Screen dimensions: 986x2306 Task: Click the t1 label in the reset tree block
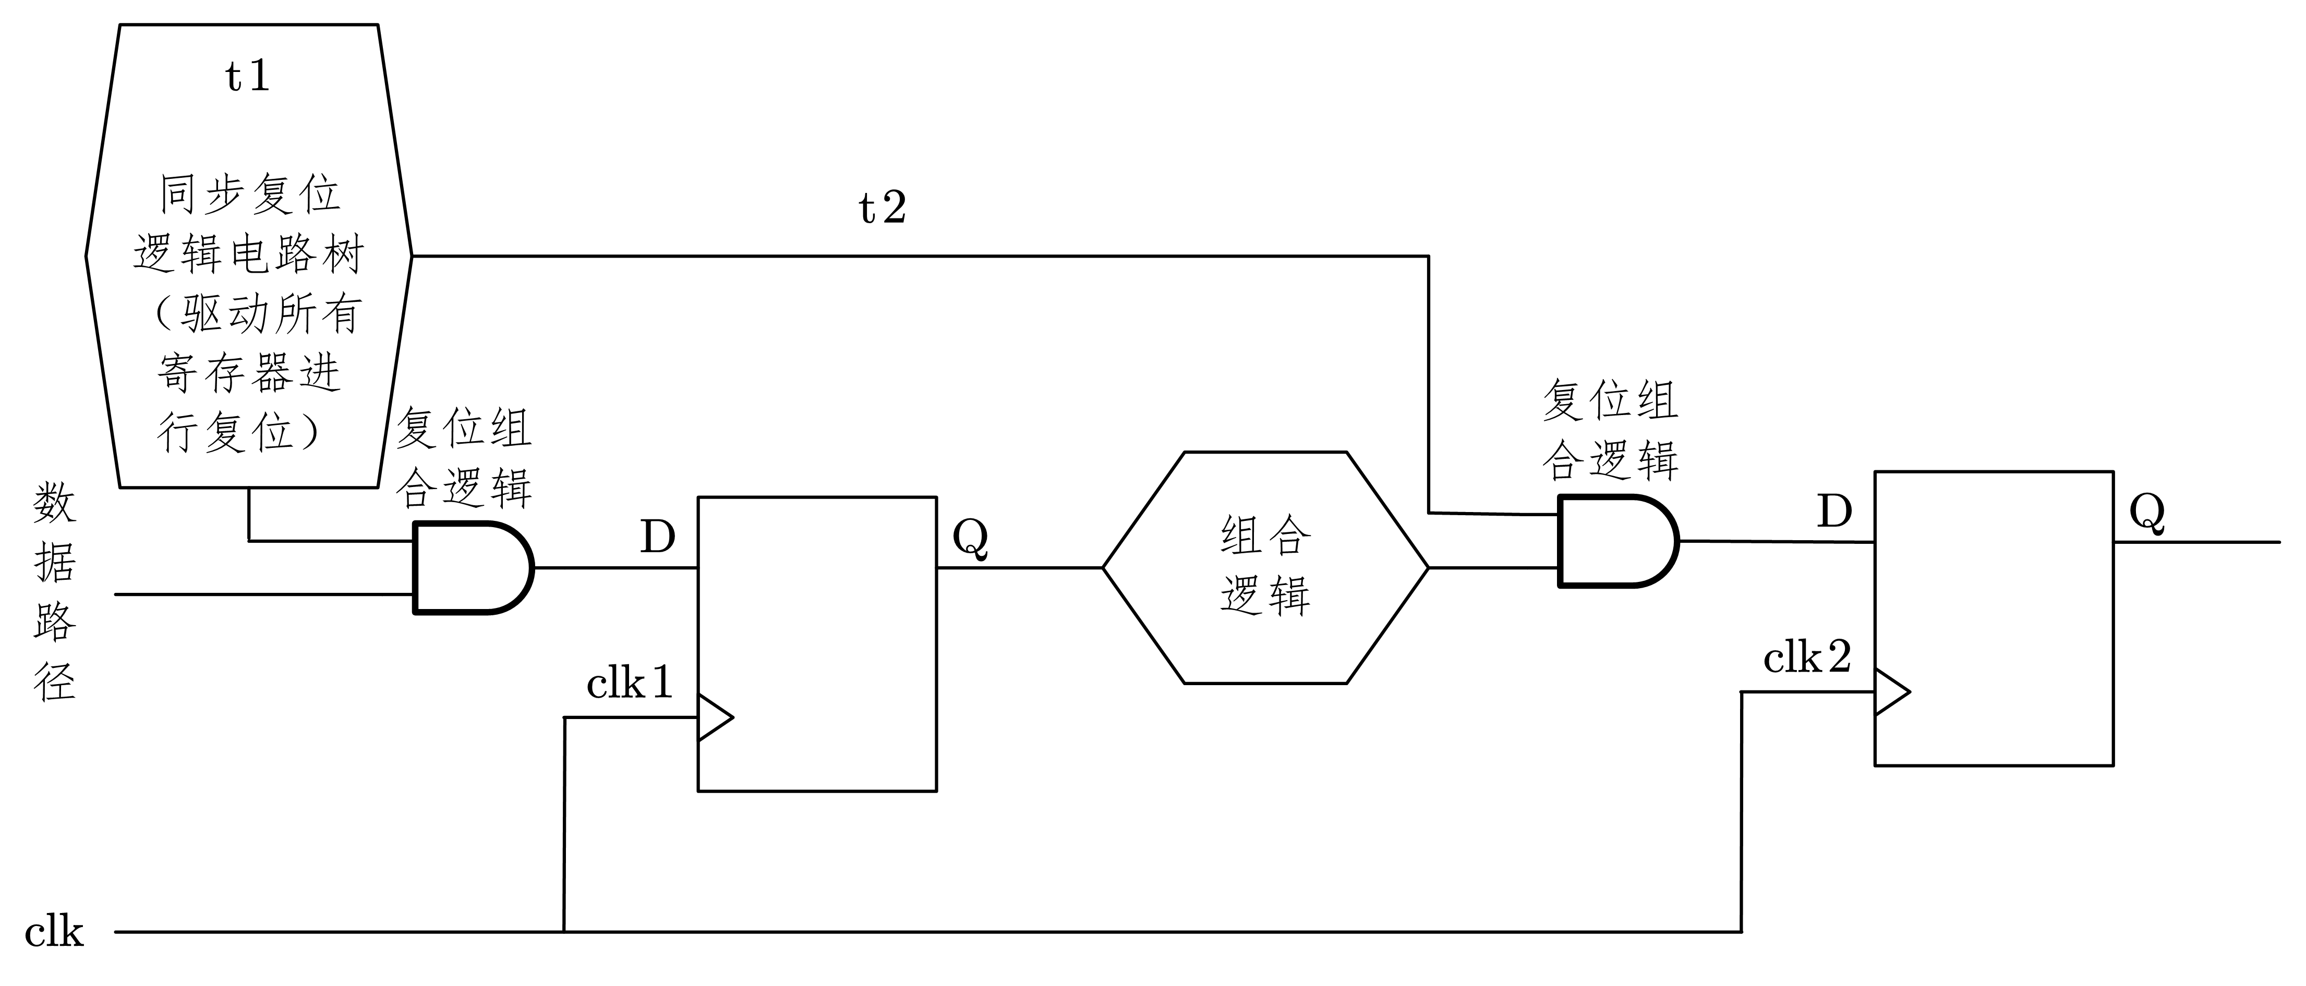(x=247, y=77)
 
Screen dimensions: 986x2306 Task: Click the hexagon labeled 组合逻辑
(x=1265, y=567)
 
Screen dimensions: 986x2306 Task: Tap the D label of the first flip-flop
(x=657, y=538)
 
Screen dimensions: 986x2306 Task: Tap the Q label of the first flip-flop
(x=970, y=538)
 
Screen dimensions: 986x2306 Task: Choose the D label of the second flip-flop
(x=1834, y=512)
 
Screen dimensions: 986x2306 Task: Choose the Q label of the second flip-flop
(x=2147, y=513)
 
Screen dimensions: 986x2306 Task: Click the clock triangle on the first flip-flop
(x=714, y=717)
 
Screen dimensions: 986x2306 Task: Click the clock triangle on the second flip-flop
(x=1891, y=691)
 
